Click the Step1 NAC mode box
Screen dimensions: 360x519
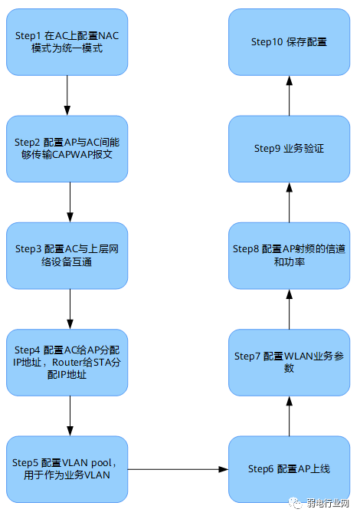(67, 42)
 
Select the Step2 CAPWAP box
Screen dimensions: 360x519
(67, 149)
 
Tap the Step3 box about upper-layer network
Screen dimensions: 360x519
(67, 255)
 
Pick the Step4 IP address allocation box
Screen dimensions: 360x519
(67, 363)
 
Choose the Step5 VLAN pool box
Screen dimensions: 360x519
(67, 469)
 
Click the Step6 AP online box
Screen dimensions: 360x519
(290, 469)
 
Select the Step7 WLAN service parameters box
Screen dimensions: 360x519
(290, 363)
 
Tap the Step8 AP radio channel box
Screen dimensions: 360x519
(290, 255)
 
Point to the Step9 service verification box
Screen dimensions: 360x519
(290, 149)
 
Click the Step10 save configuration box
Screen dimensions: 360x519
(290, 42)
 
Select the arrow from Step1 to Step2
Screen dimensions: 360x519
(67, 95)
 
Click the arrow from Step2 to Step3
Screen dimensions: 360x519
(70, 202)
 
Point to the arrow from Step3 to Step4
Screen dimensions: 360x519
(70, 309)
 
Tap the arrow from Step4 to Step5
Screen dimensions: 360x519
(70, 416)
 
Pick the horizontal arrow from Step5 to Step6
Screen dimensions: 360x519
(178, 469)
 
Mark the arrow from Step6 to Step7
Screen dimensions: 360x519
(290, 416)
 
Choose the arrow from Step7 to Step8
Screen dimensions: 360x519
(290, 309)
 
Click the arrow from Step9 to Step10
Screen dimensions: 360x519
(290, 96)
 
